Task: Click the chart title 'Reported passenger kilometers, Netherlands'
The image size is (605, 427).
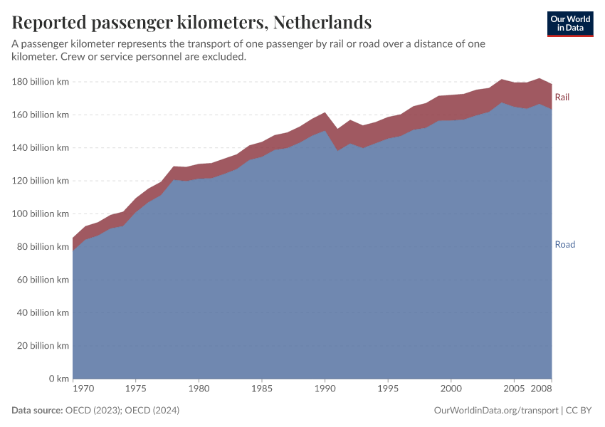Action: point(191,22)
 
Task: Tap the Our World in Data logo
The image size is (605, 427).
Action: point(569,23)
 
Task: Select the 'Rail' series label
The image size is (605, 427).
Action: point(562,97)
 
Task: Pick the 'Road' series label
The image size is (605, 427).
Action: point(564,245)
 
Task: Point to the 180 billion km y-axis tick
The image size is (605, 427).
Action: point(41,82)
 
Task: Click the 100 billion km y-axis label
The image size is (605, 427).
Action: point(41,213)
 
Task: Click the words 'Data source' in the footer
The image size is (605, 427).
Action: point(37,411)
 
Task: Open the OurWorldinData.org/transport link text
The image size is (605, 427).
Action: point(495,411)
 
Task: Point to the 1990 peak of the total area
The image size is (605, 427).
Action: point(325,112)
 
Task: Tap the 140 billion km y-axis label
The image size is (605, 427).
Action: point(41,148)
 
